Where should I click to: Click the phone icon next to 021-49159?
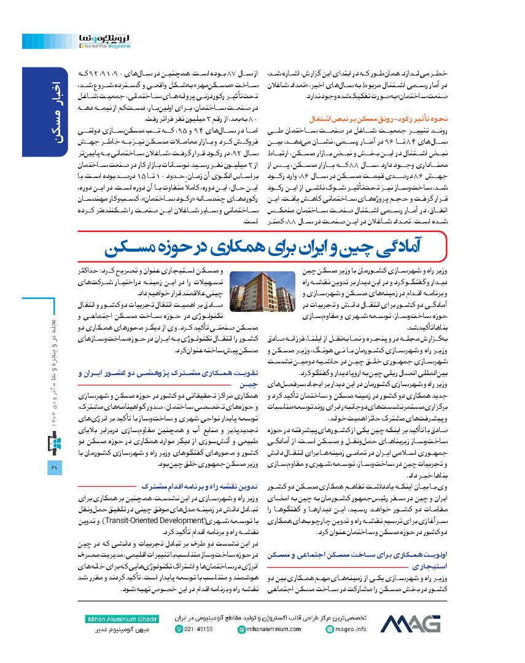click(x=179, y=629)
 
